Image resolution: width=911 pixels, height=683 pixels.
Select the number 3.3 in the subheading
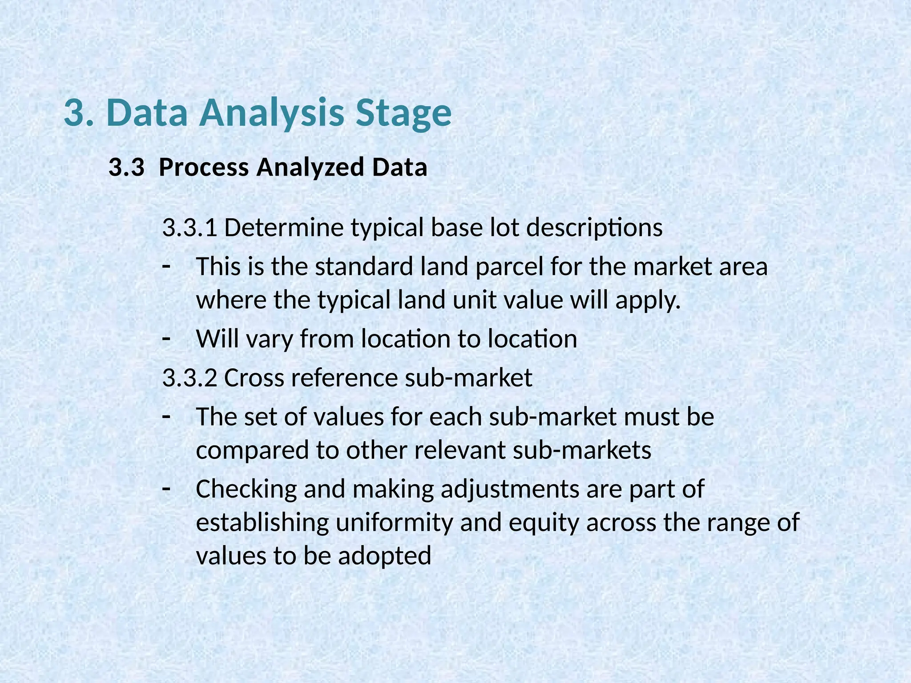click(126, 167)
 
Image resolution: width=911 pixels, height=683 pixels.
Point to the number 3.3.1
click(190, 228)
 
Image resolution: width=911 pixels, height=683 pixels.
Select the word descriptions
click(594, 228)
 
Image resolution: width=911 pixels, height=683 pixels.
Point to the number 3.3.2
click(190, 378)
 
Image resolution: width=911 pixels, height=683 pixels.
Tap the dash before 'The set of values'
click(166, 417)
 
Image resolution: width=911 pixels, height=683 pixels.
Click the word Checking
click(246, 489)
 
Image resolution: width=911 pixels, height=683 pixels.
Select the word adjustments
click(510, 489)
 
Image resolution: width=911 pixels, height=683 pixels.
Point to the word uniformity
click(394, 522)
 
